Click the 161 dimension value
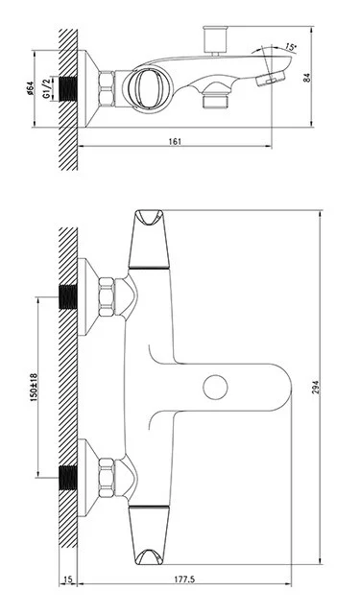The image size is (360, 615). pyautogui.click(x=175, y=141)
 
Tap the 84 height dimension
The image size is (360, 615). pyautogui.click(x=307, y=78)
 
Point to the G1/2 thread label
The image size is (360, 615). pyautogui.click(x=47, y=89)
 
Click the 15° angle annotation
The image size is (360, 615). pyautogui.click(x=291, y=47)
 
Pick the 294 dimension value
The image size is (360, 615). pyautogui.click(x=316, y=387)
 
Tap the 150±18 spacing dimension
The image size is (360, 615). pyautogui.click(x=34, y=387)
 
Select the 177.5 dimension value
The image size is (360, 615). pyautogui.click(x=184, y=579)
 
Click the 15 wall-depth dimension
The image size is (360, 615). pyautogui.click(x=67, y=579)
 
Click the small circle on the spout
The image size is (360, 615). pyautogui.click(x=216, y=387)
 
